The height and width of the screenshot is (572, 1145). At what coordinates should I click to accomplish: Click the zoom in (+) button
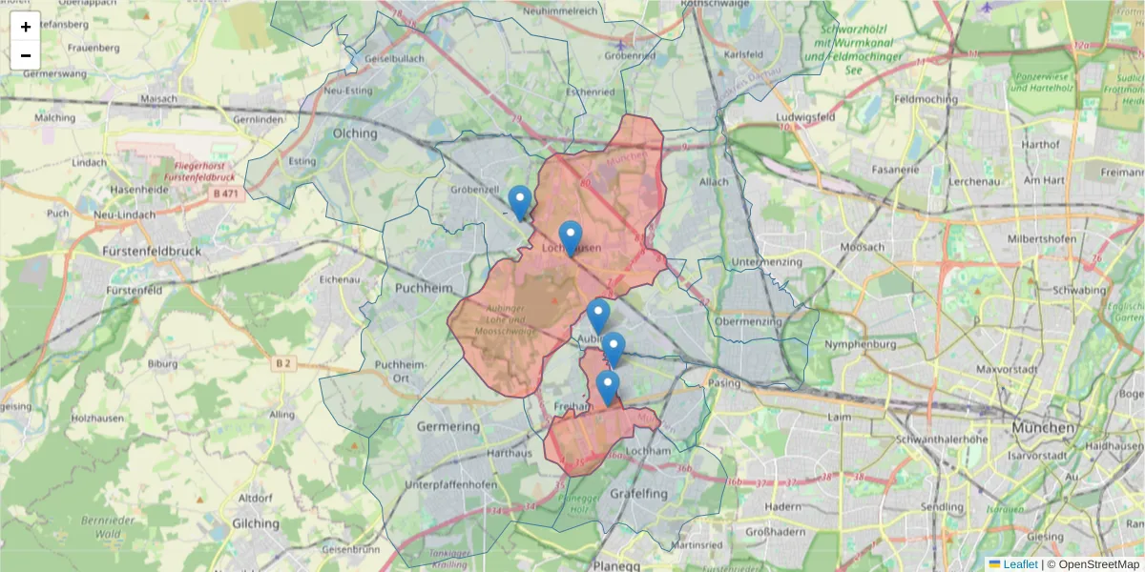click(x=26, y=27)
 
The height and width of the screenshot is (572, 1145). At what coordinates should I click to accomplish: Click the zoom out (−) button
click(x=26, y=55)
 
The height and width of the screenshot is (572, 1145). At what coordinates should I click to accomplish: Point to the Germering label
click(x=448, y=427)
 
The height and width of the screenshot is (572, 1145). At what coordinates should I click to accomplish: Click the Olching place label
click(x=355, y=134)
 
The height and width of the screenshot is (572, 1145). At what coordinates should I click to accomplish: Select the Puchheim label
click(x=421, y=286)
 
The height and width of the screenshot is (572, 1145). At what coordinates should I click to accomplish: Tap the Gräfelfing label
click(x=638, y=494)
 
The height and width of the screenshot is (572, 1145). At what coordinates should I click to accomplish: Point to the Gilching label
click(x=255, y=524)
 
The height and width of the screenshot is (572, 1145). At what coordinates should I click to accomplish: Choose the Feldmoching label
click(x=926, y=99)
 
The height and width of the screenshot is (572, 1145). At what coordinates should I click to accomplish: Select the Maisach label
click(x=158, y=98)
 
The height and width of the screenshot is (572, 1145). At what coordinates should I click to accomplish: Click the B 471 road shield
click(x=223, y=194)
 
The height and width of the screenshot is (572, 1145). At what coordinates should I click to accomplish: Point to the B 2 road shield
click(x=283, y=363)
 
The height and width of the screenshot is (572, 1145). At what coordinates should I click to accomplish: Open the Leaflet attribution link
click(x=1020, y=564)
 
